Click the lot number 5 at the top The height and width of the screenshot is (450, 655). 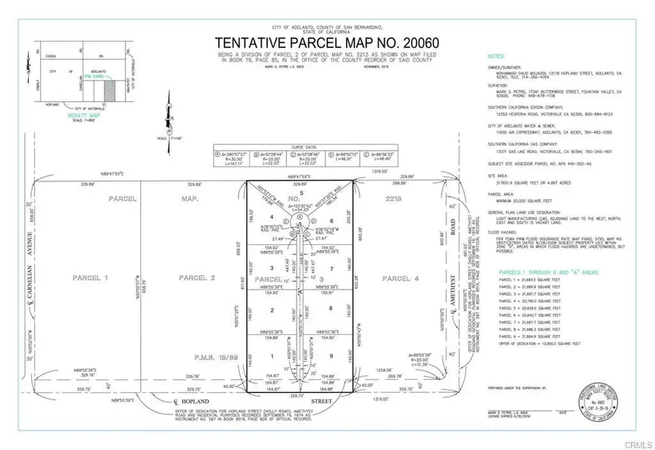point(301,192)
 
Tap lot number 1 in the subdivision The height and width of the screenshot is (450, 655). point(272,356)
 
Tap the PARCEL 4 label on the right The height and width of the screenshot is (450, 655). point(401,278)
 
